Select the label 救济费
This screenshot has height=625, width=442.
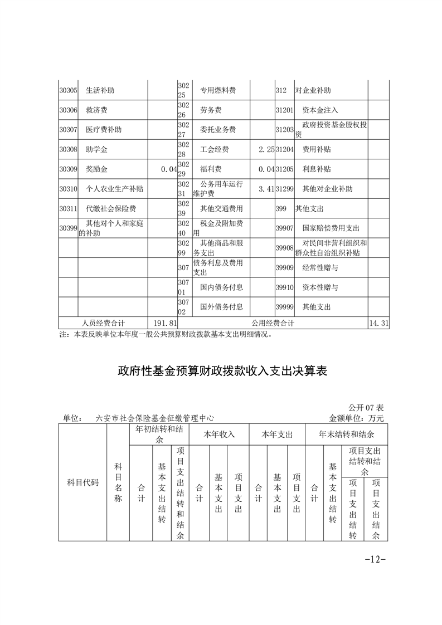(96, 110)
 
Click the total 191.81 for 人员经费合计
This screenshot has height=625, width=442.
(164, 323)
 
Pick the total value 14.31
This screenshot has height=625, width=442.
(378, 323)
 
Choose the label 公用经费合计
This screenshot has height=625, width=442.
(273, 323)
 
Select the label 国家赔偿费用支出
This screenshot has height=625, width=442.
(331, 228)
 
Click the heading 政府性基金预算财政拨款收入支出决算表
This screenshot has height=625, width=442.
(221, 372)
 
